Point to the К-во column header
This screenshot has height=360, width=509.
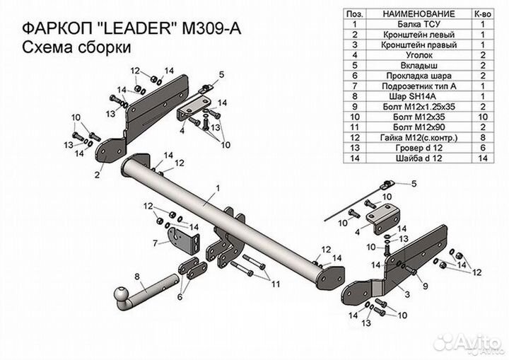coord(482,13)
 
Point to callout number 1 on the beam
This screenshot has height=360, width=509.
coord(218,187)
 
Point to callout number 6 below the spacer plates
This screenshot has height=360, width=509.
coord(180,298)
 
